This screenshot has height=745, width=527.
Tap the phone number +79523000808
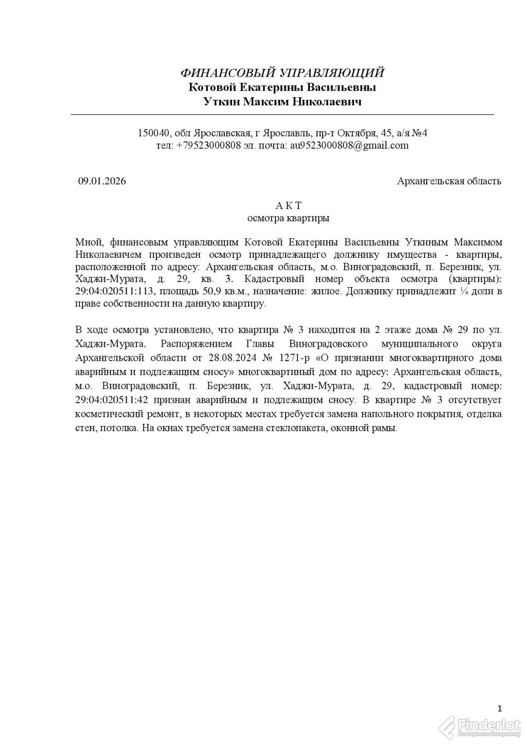208,146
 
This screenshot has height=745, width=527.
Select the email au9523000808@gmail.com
349,146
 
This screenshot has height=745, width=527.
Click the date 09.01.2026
102,181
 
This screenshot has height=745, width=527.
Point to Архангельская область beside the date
449,181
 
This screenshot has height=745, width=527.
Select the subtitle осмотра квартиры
288,218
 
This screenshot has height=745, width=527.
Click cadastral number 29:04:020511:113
115,291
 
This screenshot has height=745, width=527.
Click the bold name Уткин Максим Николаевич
283,101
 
